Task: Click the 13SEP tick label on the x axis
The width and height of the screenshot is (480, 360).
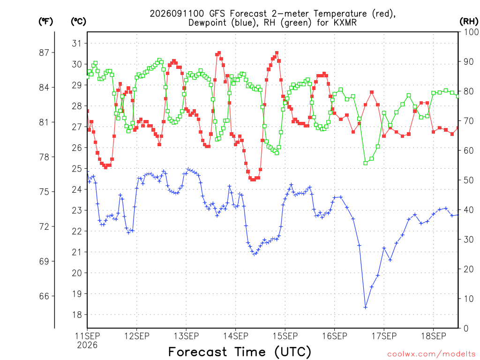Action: [186, 336]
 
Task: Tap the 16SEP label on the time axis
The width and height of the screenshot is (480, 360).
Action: [335, 336]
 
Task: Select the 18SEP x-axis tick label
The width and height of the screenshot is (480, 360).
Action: [434, 336]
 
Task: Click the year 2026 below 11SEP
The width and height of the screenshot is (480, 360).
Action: [87, 345]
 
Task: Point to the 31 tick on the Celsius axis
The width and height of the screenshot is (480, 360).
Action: [77, 43]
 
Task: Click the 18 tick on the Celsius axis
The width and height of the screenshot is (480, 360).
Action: [77, 315]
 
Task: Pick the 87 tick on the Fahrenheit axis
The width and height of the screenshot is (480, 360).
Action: [44, 52]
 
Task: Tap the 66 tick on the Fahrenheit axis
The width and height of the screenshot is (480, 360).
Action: [44, 296]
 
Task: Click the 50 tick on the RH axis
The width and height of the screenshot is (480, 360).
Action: [469, 180]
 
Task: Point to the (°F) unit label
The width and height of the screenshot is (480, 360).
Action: [45, 22]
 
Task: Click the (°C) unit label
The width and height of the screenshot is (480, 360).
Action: [78, 22]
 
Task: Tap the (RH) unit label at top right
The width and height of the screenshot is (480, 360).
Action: [469, 21]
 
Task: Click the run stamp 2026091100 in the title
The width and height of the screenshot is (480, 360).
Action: [177, 14]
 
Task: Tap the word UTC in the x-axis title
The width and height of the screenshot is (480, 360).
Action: [293, 352]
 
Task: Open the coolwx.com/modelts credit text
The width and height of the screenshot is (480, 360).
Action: [431, 354]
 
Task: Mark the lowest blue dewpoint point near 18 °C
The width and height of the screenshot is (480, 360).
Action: [366, 307]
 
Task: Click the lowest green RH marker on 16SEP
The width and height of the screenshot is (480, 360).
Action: [366, 163]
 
